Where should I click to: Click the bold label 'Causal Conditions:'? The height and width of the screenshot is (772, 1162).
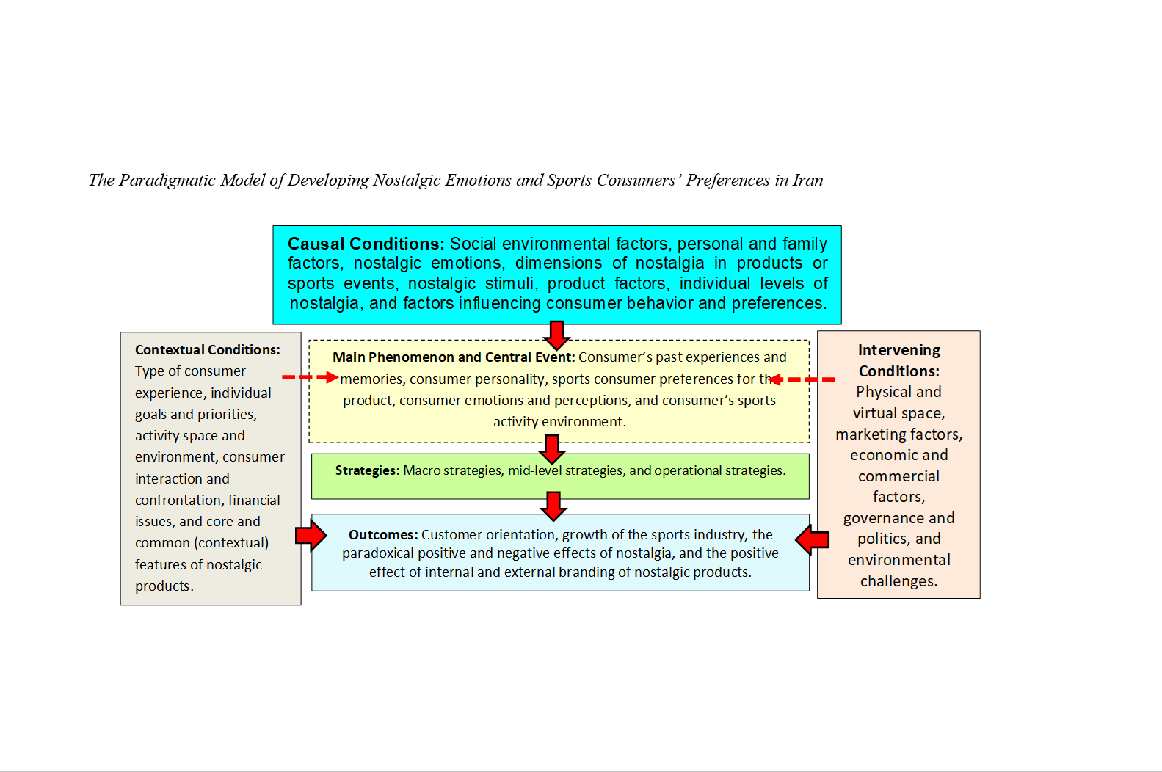point(366,244)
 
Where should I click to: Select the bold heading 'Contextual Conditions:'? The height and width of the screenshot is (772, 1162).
point(207,350)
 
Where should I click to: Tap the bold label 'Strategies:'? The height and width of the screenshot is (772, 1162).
point(367,470)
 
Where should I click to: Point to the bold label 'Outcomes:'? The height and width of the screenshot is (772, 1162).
point(383,535)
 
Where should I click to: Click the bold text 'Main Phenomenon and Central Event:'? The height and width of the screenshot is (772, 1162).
point(454,357)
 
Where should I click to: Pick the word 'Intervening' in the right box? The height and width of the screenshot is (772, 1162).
point(898,350)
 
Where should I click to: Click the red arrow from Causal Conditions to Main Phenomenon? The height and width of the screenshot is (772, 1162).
point(557,335)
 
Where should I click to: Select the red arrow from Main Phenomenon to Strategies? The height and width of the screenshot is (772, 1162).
point(552,448)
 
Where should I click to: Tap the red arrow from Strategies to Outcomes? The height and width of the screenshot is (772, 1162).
point(553,506)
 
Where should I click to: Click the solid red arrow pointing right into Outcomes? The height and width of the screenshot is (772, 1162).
point(311,536)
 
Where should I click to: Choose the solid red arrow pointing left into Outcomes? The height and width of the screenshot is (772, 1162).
point(813,540)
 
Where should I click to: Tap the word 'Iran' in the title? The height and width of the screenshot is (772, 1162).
point(807,181)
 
